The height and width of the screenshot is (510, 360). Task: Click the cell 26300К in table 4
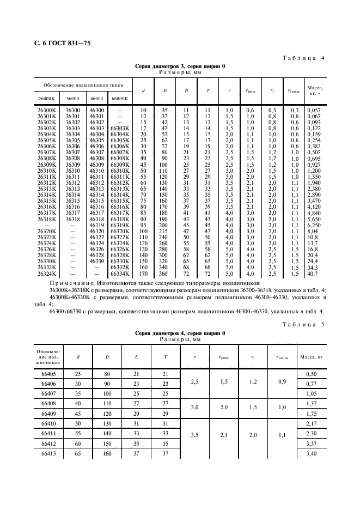tap(47, 110)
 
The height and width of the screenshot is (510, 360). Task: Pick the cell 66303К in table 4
tap(120, 128)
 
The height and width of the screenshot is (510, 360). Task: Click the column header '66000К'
tap(120, 99)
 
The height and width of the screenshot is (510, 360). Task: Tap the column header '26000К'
tap(47, 99)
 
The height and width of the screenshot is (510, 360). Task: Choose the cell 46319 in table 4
tap(96, 224)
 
